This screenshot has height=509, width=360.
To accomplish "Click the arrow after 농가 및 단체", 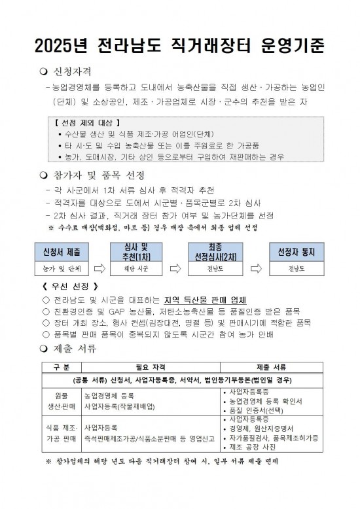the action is (99, 268).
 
